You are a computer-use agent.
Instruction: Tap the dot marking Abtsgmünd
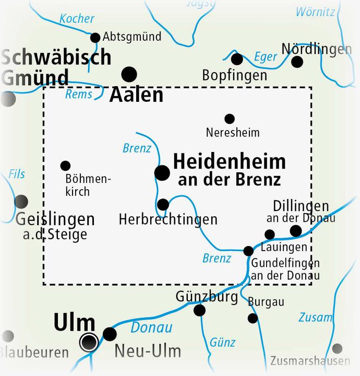click(x=95, y=38)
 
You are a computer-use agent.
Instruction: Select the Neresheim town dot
click(x=229, y=119)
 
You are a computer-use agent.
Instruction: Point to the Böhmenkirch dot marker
click(x=65, y=166)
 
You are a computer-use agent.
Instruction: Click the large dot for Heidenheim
click(x=163, y=172)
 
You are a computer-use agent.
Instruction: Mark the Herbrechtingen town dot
click(x=163, y=204)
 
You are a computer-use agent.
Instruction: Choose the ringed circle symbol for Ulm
click(x=89, y=342)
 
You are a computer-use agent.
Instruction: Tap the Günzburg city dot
click(x=199, y=311)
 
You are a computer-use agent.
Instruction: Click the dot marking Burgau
click(x=253, y=318)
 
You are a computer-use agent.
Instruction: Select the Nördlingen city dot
click(x=297, y=62)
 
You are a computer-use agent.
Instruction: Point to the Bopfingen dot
click(x=237, y=58)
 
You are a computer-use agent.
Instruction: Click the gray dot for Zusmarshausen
click(x=338, y=348)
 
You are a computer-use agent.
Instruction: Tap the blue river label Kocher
click(x=77, y=19)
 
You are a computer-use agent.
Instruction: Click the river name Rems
click(x=78, y=95)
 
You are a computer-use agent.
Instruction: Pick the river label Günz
click(x=223, y=343)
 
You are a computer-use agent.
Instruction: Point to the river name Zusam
click(x=315, y=318)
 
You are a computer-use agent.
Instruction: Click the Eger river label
click(x=266, y=57)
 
